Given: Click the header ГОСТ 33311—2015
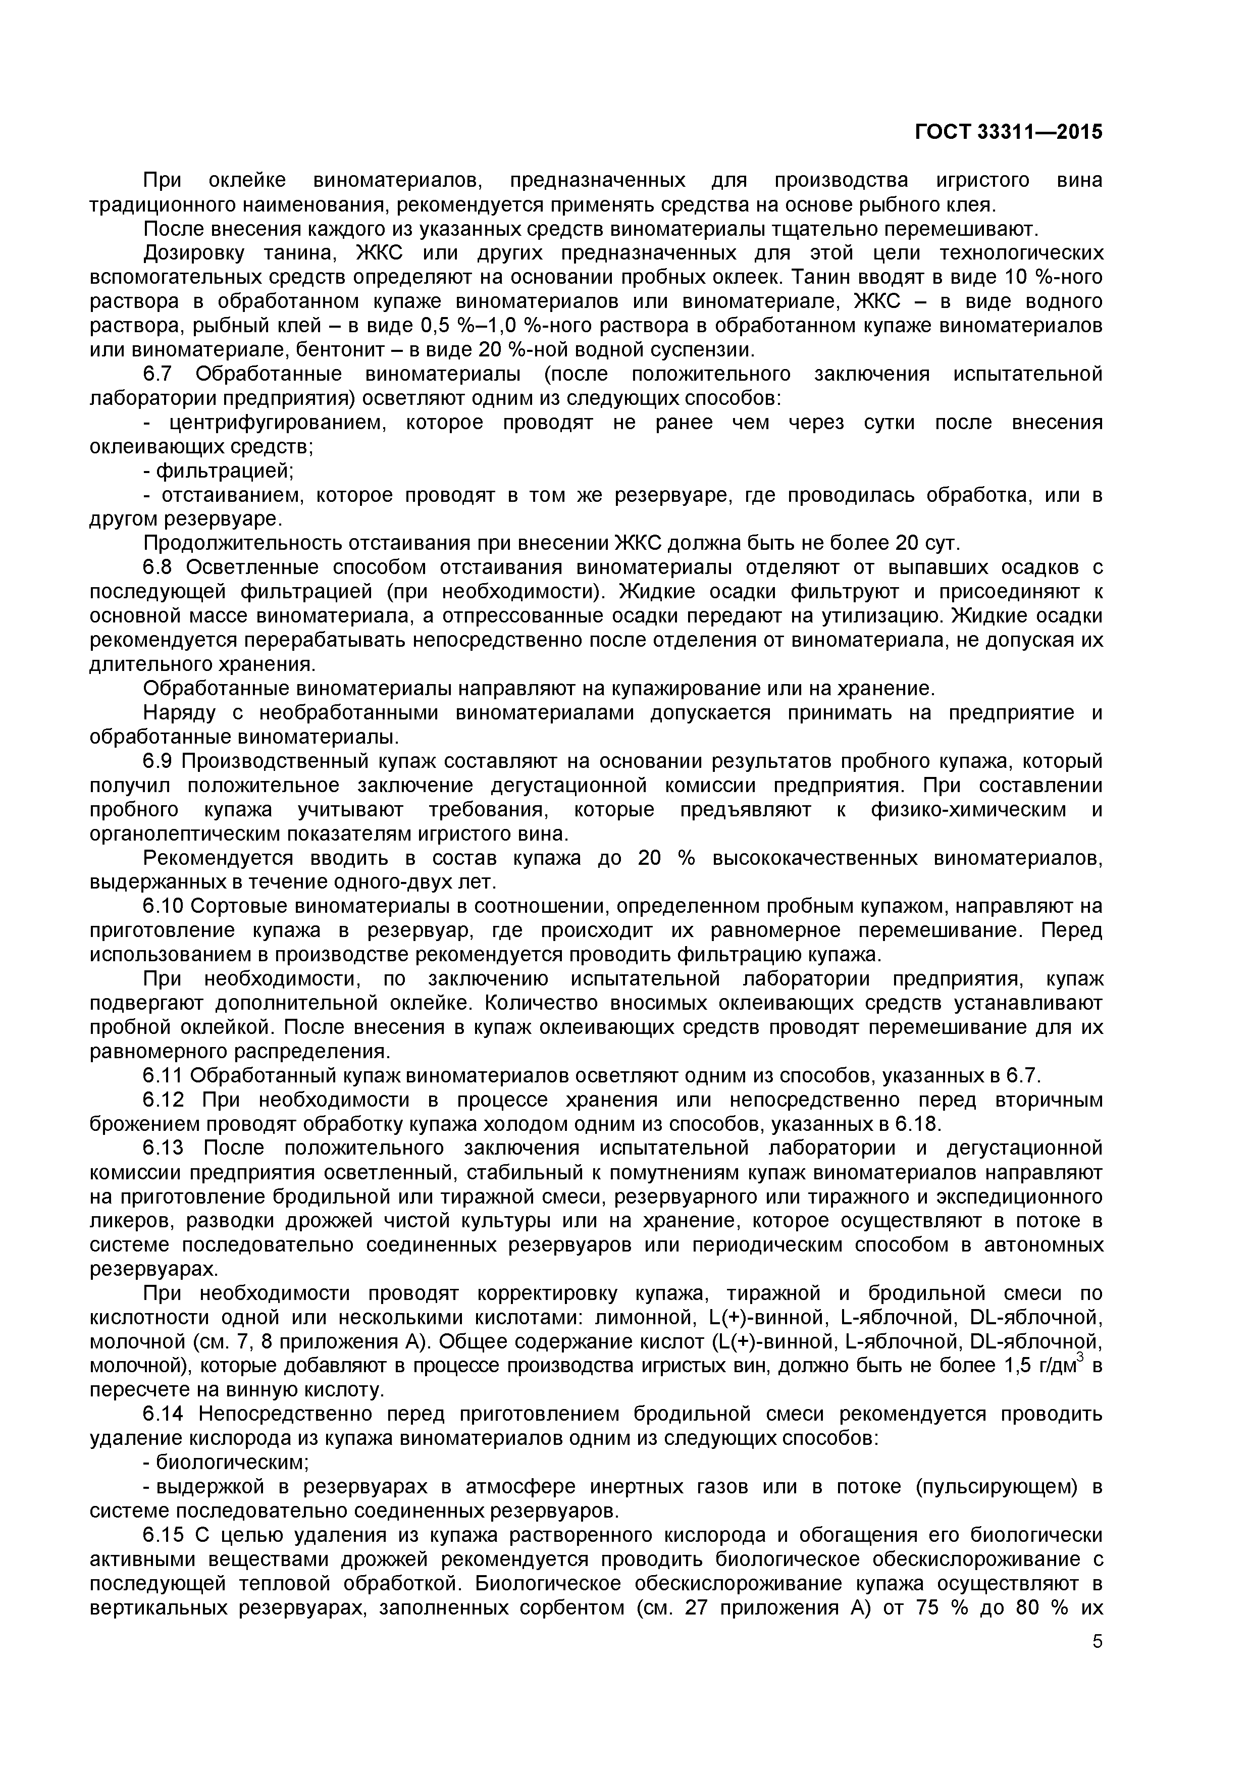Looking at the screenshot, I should pyautogui.click(x=1008, y=132).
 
